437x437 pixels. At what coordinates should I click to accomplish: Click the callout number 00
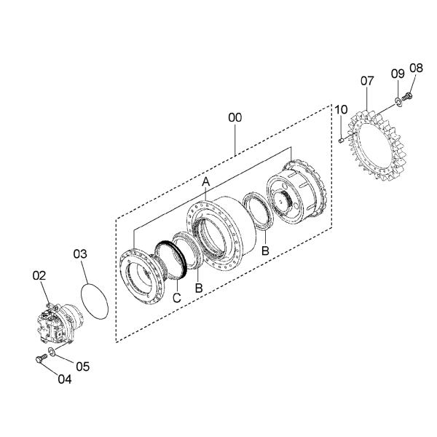click(235, 117)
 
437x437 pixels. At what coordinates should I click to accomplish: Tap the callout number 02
click(39, 275)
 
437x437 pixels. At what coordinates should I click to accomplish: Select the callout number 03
click(80, 254)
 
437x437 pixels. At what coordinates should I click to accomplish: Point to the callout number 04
click(65, 379)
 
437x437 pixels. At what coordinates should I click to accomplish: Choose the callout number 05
click(83, 366)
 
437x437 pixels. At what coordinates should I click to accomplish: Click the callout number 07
click(367, 81)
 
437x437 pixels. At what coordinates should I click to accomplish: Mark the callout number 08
click(417, 68)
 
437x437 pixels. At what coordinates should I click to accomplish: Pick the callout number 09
click(398, 74)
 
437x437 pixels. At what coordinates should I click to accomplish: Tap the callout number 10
click(341, 109)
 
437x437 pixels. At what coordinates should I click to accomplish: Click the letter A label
click(205, 182)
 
